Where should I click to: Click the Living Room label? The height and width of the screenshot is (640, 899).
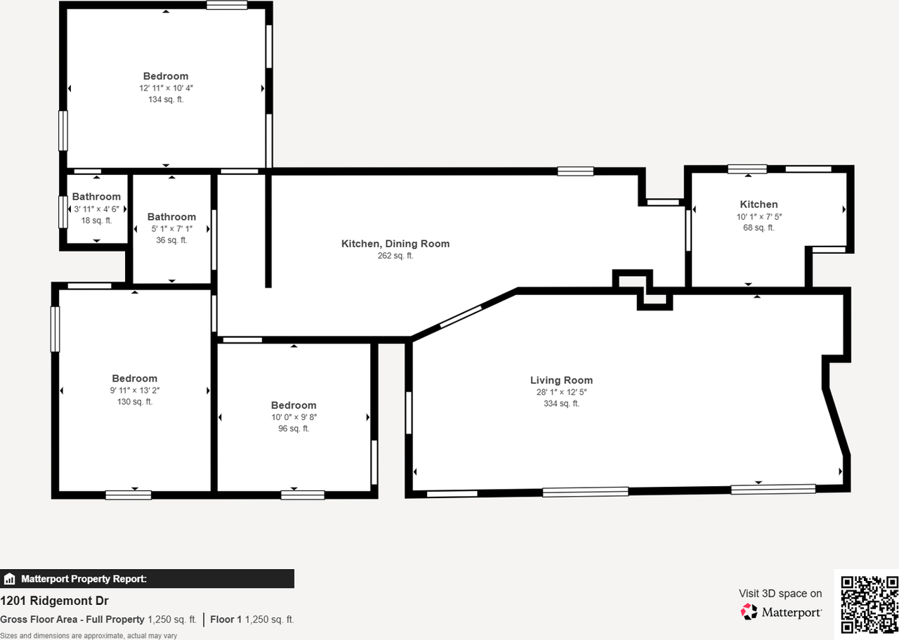pyautogui.click(x=561, y=380)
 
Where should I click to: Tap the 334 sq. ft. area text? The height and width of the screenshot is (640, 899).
pyautogui.click(x=561, y=403)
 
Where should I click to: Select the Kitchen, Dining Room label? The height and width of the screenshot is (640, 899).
pyautogui.click(x=395, y=244)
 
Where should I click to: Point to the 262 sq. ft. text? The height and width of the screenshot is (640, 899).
pyautogui.click(x=395, y=256)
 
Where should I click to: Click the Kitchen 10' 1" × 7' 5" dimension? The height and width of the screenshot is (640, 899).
pyautogui.click(x=759, y=216)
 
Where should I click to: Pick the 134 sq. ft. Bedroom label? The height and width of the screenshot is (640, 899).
pyautogui.click(x=166, y=76)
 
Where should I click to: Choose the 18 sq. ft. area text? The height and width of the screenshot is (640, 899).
pyautogui.click(x=97, y=221)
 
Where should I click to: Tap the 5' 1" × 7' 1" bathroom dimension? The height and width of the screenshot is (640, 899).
pyautogui.click(x=171, y=228)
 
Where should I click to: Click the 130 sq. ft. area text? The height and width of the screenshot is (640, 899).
pyautogui.click(x=135, y=402)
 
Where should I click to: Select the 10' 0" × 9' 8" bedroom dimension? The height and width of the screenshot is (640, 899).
pyautogui.click(x=294, y=417)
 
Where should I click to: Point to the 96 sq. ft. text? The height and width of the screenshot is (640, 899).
pyautogui.click(x=294, y=429)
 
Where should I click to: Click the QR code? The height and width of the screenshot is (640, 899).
pyautogui.click(x=870, y=604)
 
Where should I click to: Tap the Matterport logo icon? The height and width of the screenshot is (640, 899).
pyautogui.click(x=749, y=612)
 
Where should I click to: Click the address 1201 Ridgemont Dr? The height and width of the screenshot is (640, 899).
pyautogui.click(x=54, y=601)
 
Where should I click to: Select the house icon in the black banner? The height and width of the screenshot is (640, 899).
pyautogui.click(x=10, y=579)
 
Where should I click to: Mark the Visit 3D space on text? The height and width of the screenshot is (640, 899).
pyautogui.click(x=780, y=594)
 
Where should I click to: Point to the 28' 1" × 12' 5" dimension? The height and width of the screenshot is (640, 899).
pyautogui.click(x=561, y=392)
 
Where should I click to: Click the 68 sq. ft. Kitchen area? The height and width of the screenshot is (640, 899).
pyautogui.click(x=759, y=228)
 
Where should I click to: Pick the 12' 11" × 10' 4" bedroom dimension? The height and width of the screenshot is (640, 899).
pyautogui.click(x=166, y=88)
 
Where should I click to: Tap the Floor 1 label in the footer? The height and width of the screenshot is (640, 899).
pyautogui.click(x=225, y=619)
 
